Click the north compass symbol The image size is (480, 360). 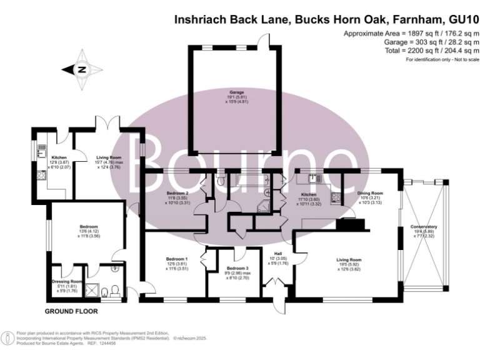tap(81, 70)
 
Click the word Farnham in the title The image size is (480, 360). tap(419, 19)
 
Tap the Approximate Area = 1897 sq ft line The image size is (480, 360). tap(411, 32)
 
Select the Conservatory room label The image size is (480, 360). tap(423, 227)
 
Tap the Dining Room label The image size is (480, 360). tap(369, 193)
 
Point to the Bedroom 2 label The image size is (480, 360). tap(177, 193)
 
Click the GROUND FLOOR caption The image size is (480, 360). tap(69, 311)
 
